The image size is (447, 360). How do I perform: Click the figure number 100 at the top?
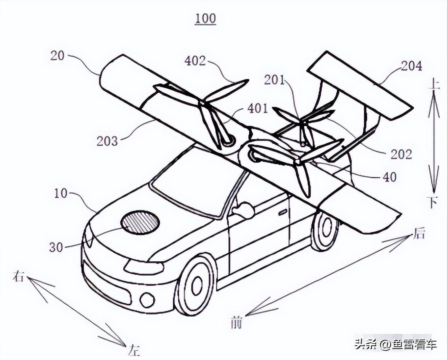point(206,19)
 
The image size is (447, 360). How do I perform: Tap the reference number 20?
point(57,56)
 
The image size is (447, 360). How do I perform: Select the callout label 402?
point(195,61)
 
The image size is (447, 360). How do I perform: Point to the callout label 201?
point(274,80)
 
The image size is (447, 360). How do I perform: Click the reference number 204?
point(411,66)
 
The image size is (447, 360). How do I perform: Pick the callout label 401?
point(258,108)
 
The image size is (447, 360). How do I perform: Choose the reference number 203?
point(107,141)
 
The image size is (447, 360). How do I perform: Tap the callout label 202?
point(401,154)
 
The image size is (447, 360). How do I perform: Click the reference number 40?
point(389,177)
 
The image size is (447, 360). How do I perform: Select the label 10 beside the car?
point(61,193)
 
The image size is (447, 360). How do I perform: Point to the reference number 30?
point(56,247)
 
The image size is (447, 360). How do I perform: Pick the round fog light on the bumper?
point(147,299)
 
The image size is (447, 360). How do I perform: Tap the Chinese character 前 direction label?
point(236,322)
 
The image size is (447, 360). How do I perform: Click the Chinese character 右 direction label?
point(18,277)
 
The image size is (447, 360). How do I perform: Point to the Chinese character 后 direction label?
point(419,234)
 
